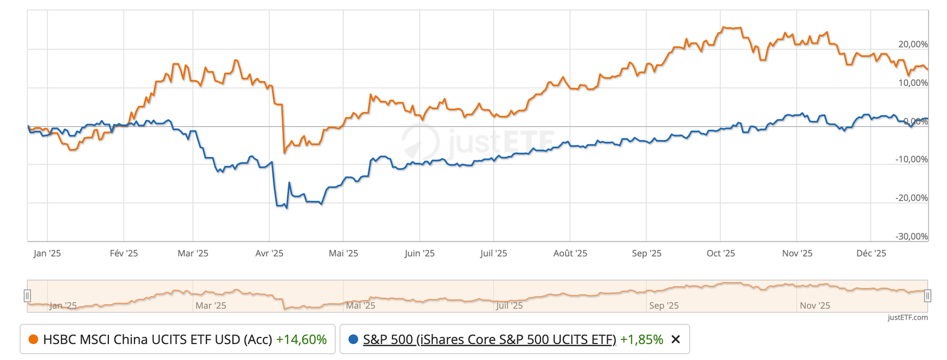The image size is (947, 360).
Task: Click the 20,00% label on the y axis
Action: click(x=913, y=44)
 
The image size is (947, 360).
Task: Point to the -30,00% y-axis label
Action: click(x=911, y=236)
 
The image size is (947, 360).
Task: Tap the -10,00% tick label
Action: click(x=911, y=159)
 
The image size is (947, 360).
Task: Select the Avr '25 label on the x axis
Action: click(x=269, y=253)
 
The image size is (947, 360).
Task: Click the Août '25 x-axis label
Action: click(x=570, y=253)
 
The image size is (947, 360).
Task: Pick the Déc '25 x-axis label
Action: click(x=871, y=253)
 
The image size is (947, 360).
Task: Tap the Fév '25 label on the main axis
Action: click(x=124, y=253)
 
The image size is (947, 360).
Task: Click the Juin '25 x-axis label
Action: click(x=420, y=253)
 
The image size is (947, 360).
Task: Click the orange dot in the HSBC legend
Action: click(x=33, y=339)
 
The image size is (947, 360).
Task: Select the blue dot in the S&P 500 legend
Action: click(x=353, y=339)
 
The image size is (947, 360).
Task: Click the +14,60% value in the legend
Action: click(x=301, y=339)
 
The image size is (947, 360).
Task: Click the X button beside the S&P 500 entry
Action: click(x=676, y=339)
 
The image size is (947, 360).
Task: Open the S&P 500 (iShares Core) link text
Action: click(x=489, y=339)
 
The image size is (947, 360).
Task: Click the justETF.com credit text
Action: click(x=908, y=317)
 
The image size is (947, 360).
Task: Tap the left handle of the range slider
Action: click(x=27, y=295)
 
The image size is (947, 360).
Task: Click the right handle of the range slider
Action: click(x=927, y=295)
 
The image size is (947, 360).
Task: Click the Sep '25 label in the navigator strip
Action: click(x=664, y=306)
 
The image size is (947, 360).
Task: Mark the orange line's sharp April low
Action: click(x=285, y=153)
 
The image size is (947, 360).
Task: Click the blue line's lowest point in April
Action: click(x=287, y=208)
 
